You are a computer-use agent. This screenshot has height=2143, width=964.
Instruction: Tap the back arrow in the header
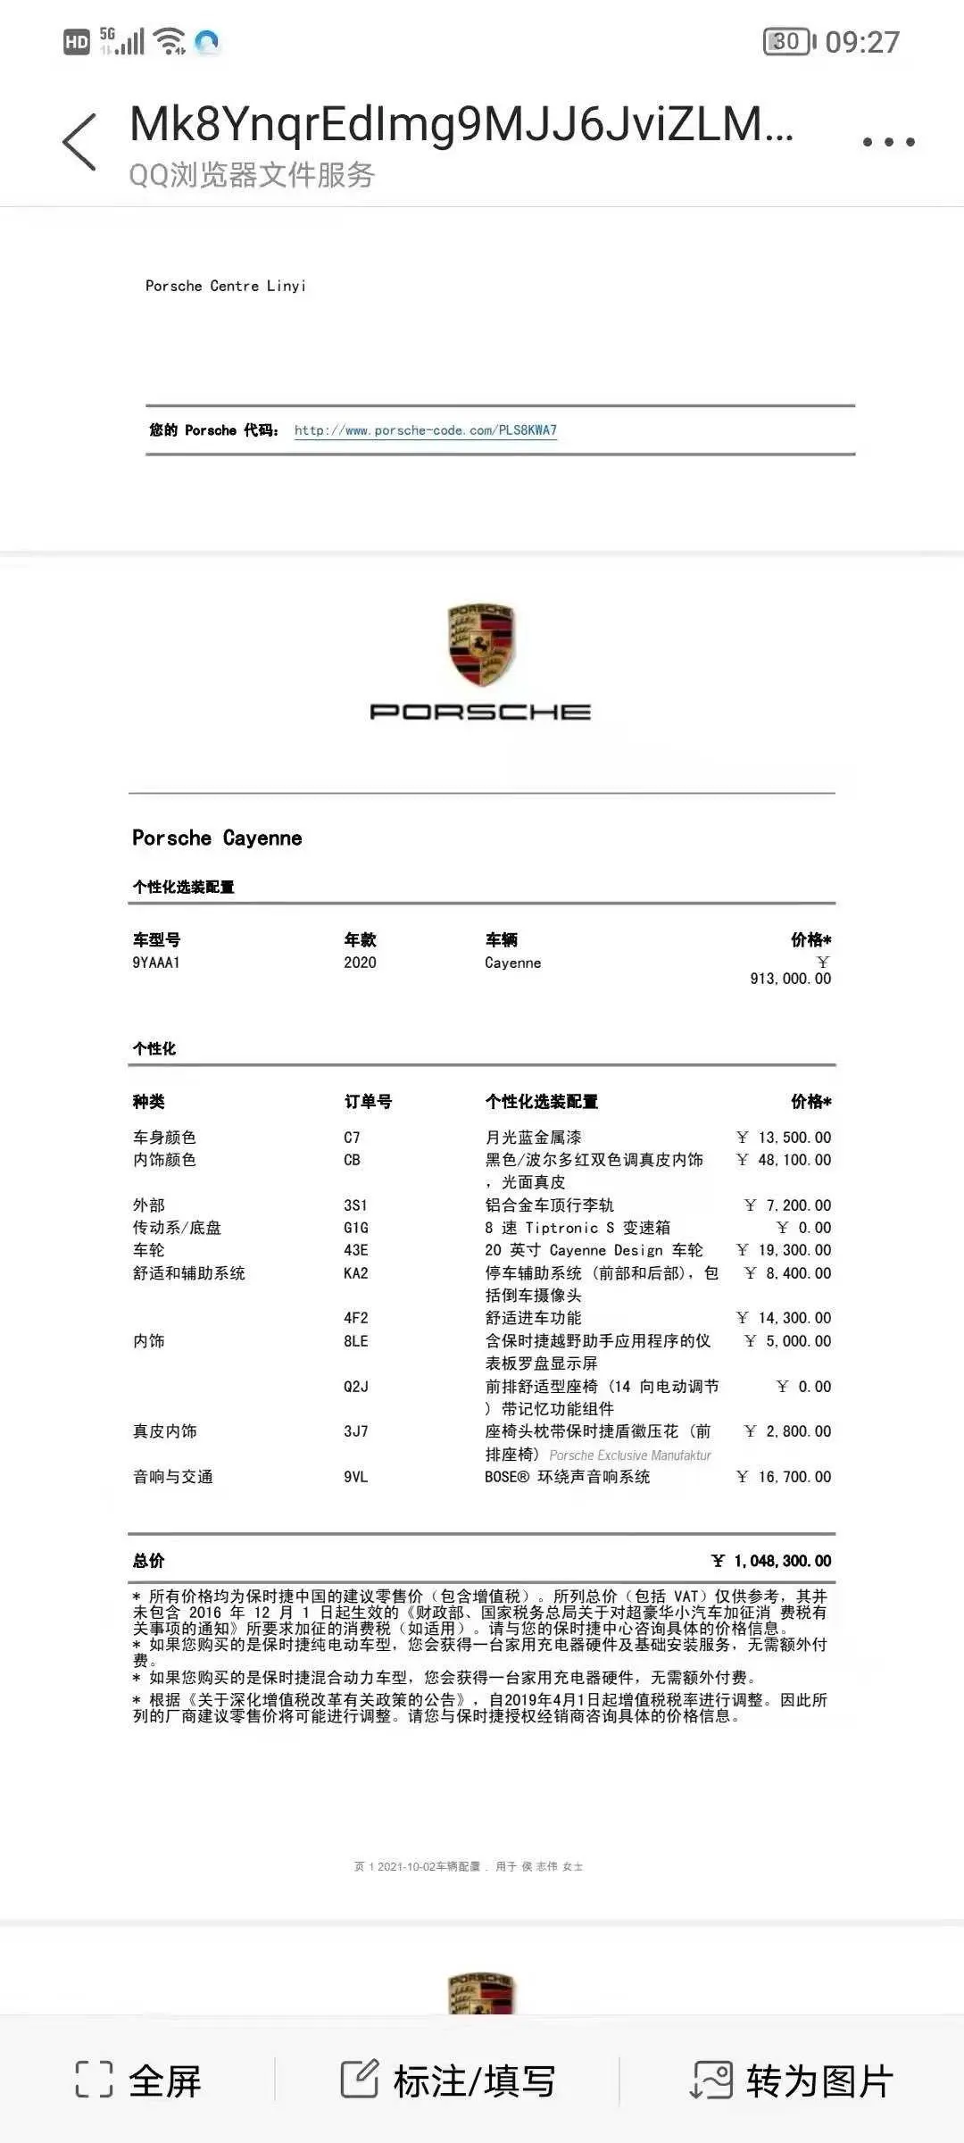coord(79,141)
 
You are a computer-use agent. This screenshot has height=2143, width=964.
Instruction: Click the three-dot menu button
coord(888,141)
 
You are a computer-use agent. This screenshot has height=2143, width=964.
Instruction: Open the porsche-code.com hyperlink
coord(425,430)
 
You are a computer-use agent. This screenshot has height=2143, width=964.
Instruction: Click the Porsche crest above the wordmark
coord(481,645)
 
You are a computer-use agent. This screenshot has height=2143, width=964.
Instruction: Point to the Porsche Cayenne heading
coord(217,838)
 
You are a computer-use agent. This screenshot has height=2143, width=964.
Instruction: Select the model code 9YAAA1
coord(156,963)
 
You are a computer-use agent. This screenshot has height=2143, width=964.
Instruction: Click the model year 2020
coord(360,963)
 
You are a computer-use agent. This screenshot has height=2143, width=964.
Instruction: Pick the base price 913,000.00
coord(790,979)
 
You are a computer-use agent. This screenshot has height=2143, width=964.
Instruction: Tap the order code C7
coord(352,1138)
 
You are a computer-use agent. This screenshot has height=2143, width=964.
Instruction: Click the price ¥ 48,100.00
coord(784,1160)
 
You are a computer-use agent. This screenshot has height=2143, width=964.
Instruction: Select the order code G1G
coord(355,1228)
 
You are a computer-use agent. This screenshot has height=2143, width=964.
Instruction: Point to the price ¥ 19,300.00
coord(784,1250)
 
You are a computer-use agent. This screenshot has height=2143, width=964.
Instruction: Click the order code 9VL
coord(355,1477)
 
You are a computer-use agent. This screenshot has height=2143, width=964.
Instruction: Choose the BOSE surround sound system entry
coord(567,1477)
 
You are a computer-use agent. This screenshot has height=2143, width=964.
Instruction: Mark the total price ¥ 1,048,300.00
coord(771,1561)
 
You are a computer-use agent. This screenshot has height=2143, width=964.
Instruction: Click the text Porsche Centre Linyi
coord(226,286)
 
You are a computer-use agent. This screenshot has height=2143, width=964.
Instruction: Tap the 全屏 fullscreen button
coord(138,2080)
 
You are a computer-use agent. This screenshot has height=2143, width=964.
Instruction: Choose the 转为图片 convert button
coord(793,2080)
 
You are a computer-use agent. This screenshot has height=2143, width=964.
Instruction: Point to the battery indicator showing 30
coord(788,42)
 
